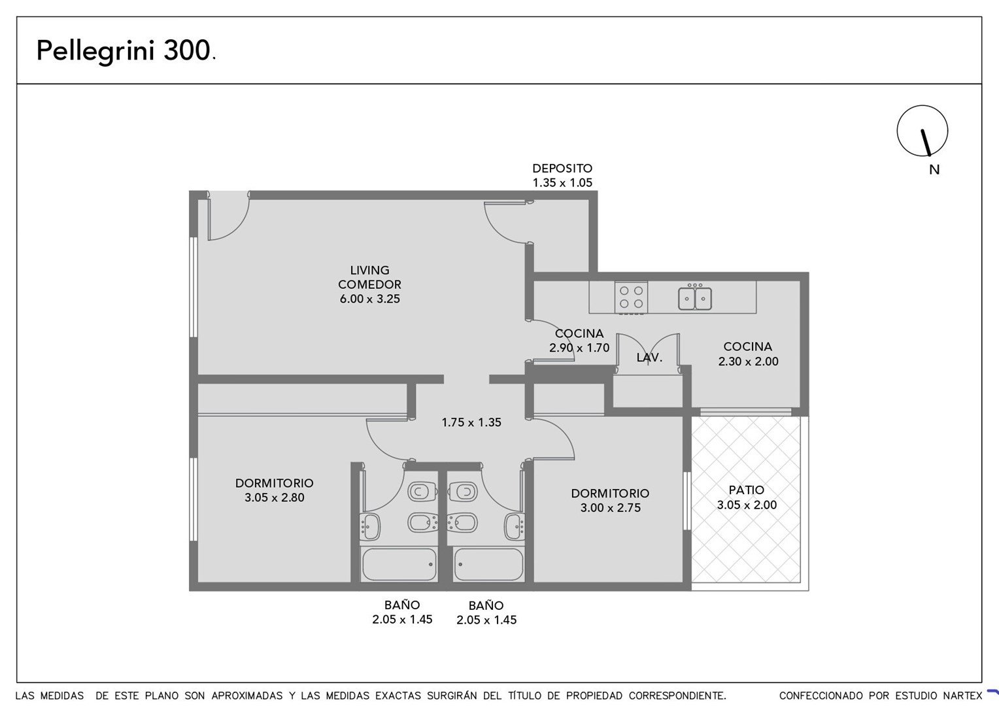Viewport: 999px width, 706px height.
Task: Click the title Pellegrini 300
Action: (x=126, y=50)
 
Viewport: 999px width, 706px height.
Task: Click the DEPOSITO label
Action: (x=562, y=168)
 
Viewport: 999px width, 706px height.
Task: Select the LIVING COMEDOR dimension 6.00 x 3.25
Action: (x=369, y=299)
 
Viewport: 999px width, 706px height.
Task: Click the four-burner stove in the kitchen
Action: (x=631, y=297)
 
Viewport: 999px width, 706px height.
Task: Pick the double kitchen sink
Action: (x=695, y=298)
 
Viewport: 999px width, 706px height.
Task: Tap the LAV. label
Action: (x=649, y=357)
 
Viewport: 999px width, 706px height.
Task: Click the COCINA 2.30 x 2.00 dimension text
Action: (x=748, y=361)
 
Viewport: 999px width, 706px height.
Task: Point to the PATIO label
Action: (x=747, y=490)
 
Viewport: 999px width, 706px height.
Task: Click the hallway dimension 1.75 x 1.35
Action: (x=471, y=422)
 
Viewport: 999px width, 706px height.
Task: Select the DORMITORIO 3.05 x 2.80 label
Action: (x=275, y=490)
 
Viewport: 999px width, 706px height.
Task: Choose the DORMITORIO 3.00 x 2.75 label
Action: (x=610, y=500)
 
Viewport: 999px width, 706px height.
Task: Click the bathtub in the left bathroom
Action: (x=399, y=564)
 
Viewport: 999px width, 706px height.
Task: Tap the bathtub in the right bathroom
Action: (x=488, y=564)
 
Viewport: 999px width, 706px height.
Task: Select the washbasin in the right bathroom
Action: (x=515, y=527)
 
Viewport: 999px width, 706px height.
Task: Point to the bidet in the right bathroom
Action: (x=462, y=523)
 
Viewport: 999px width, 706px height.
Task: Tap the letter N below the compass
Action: (x=934, y=170)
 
